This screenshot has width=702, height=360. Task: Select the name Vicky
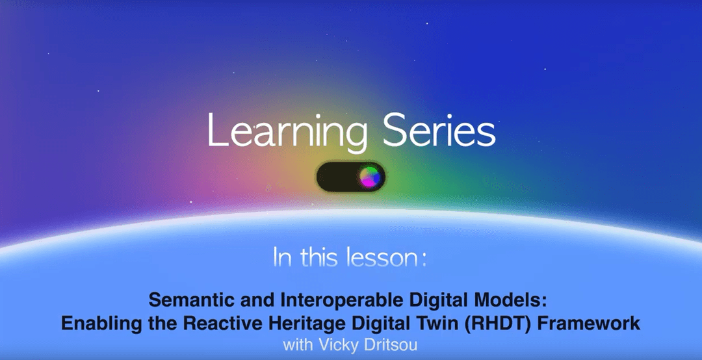331,344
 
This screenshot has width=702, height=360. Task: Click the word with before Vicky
296,344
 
